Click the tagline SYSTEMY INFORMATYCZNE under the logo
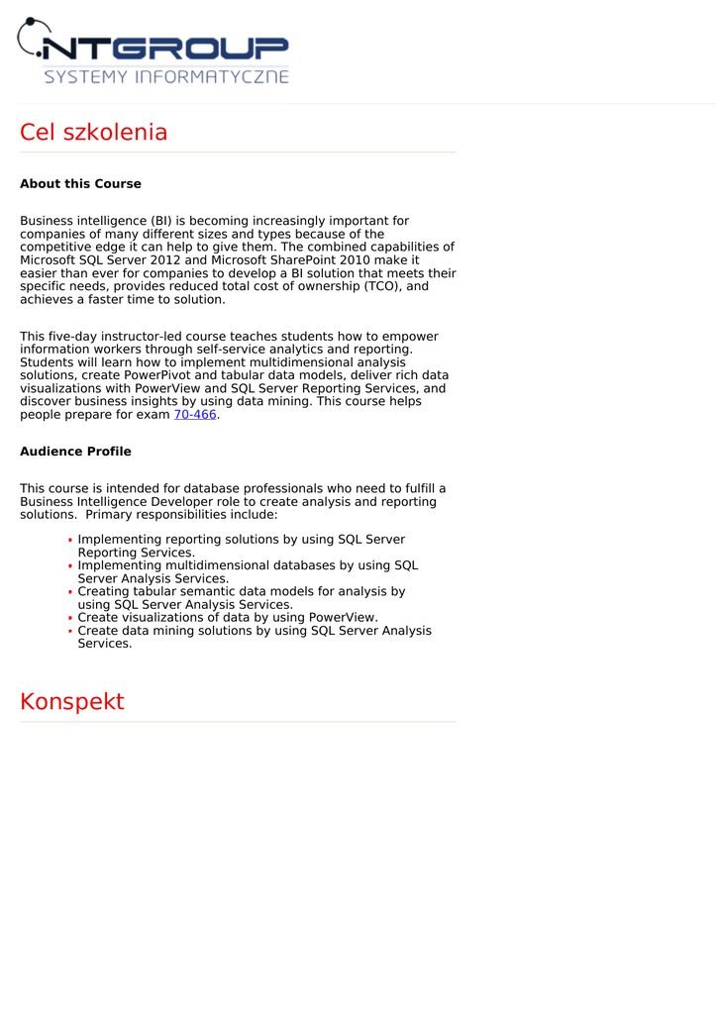tap(166, 76)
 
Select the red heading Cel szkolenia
tap(93, 133)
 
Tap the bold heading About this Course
tap(80, 184)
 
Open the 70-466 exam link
tap(195, 415)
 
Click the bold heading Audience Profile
tap(75, 452)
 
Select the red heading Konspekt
tap(72, 702)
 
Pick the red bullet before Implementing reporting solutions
tap(70, 541)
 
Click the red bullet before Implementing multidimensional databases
tap(70, 566)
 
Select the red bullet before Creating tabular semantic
tap(70, 592)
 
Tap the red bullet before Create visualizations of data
tap(70, 618)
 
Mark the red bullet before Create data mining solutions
tap(70, 631)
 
